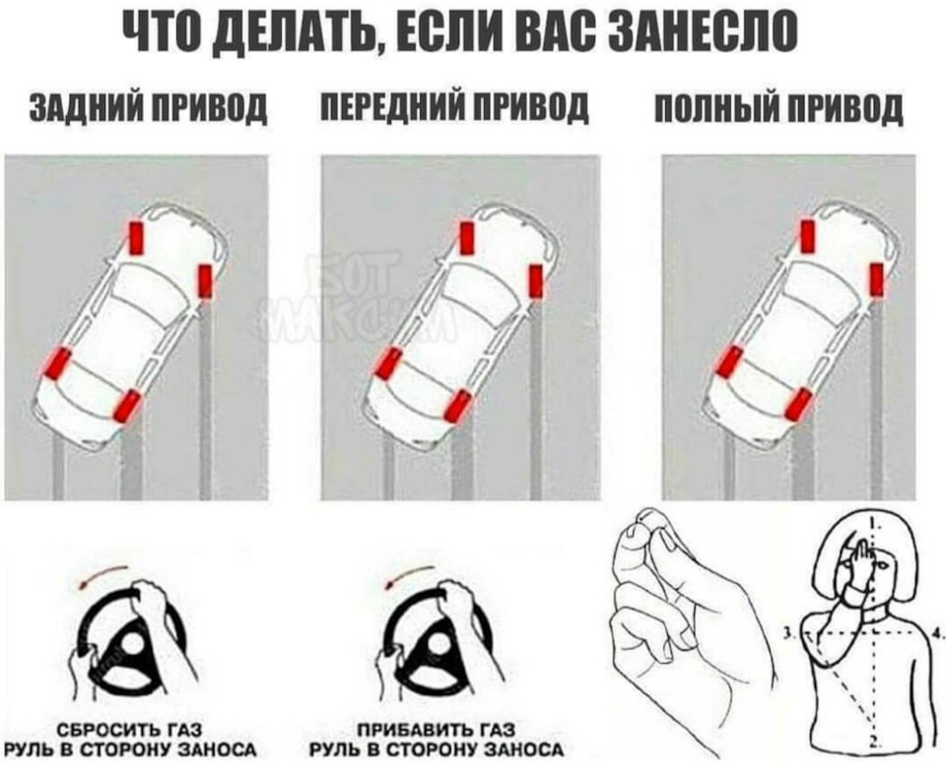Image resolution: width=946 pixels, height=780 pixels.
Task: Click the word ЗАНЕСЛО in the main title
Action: click(x=705, y=31)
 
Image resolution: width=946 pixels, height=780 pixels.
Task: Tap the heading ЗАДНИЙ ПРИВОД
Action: click(x=148, y=109)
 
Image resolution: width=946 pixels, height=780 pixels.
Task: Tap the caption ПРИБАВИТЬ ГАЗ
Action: click(x=436, y=730)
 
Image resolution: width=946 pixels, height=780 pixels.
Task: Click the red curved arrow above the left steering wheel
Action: click(x=103, y=575)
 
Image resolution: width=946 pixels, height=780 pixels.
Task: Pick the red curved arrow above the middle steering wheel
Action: click(x=410, y=575)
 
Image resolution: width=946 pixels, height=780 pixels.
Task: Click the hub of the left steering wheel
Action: click(x=130, y=644)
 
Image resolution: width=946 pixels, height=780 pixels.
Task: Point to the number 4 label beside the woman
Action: click(x=937, y=633)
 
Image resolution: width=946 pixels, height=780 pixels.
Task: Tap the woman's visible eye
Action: click(x=882, y=566)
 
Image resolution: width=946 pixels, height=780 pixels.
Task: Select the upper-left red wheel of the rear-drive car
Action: click(x=137, y=237)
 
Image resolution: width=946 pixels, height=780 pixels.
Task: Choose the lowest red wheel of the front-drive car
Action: click(x=456, y=405)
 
